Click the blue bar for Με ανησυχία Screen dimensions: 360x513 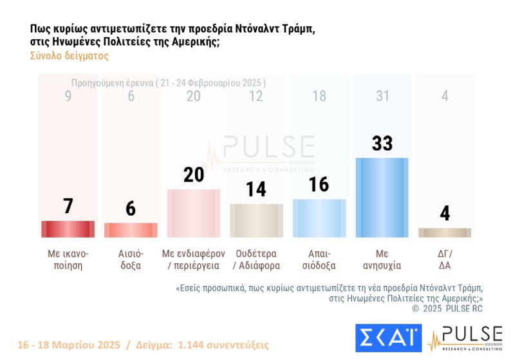click(x=382, y=198)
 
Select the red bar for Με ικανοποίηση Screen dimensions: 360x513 click(x=68, y=229)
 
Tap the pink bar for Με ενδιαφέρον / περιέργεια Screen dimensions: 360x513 click(x=193, y=213)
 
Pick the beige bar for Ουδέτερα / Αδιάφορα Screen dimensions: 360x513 click(x=256, y=221)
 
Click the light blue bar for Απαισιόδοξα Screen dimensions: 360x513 click(x=319, y=218)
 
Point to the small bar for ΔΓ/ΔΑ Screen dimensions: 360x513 click(x=445, y=232)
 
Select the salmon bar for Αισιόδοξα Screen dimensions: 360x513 click(x=131, y=230)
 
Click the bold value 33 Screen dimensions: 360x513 click(x=382, y=143)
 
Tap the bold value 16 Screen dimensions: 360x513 click(x=319, y=184)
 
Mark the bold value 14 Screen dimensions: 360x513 click(x=256, y=189)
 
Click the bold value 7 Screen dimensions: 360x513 click(x=68, y=206)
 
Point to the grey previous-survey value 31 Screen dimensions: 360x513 click(x=382, y=96)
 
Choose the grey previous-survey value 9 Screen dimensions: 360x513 click(x=68, y=96)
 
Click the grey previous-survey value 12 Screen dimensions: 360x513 click(x=256, y=96)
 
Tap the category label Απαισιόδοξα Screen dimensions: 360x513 click(x=319, y=259)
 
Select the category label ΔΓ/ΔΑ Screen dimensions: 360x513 click(x=445, y=259)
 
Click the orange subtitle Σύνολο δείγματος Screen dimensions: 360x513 click(x=70, y=56)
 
